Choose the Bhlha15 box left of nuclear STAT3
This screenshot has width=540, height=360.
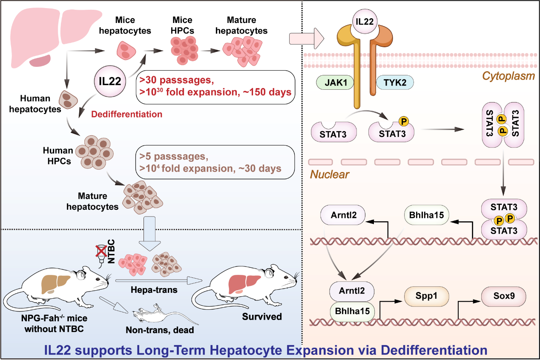pyautogui.click(x=425, y=215)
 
